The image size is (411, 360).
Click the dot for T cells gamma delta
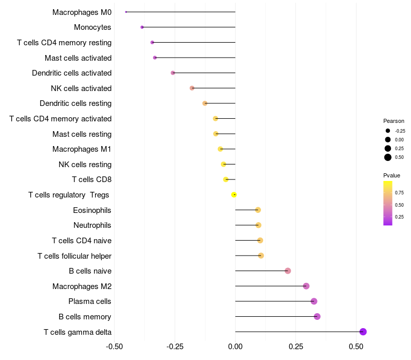pos(363,332)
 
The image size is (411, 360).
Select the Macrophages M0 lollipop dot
pos(126,12)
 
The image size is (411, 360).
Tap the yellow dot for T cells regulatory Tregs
pos(234,194)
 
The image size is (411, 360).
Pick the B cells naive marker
pos(288,271)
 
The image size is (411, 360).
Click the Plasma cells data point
pos(314,301)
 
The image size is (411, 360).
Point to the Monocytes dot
pos(142,27)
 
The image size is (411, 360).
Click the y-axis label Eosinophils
pos(92,210)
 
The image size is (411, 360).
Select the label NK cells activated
pos(81,88)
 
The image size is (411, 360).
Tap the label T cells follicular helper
pos(74,256)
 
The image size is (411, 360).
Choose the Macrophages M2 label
pos(82,286)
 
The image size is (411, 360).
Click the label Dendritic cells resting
pos(76,103)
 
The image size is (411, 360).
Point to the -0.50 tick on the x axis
pos(114,347)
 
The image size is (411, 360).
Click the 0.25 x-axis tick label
pos(296,347)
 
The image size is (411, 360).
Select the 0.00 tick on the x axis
pos(235,347)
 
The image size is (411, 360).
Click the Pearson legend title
pos(394,121)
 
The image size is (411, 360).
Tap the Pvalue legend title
pos(392,175)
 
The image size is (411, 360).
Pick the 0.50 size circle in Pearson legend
pos(388,157)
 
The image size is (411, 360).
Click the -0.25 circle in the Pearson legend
pos(388,131)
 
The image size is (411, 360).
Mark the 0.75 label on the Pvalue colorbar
pos(399,193)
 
